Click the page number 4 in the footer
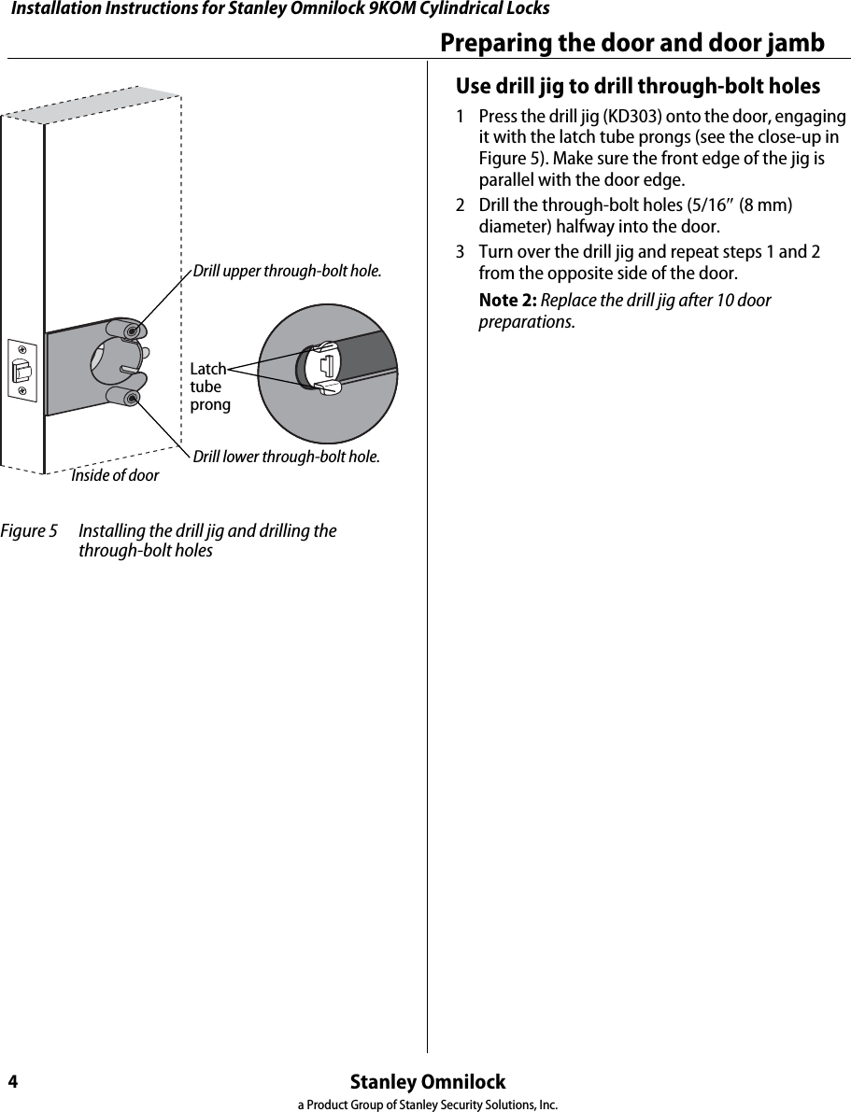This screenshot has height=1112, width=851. tap(13, 1082)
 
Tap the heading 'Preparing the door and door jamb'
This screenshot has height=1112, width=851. tap(632, 43)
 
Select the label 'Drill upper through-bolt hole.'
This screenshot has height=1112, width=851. tap(287, 272)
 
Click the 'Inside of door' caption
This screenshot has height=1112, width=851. tap(115, 475)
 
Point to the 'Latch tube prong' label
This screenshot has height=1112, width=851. tap(208, 387)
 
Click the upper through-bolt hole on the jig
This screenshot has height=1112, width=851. tap(134, 331)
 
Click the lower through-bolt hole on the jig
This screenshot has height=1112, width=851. tap(133, 399)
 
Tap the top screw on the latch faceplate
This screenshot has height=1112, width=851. tap(21, 351)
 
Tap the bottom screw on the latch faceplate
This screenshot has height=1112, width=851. tap(21, 391)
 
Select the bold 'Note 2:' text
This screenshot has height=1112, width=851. tap(507, 301)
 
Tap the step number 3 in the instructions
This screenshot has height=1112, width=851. tap(461, 253)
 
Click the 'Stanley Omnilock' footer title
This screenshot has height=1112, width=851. tap(427, 1082)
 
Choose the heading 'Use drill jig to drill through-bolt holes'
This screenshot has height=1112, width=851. tap(637, 87)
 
